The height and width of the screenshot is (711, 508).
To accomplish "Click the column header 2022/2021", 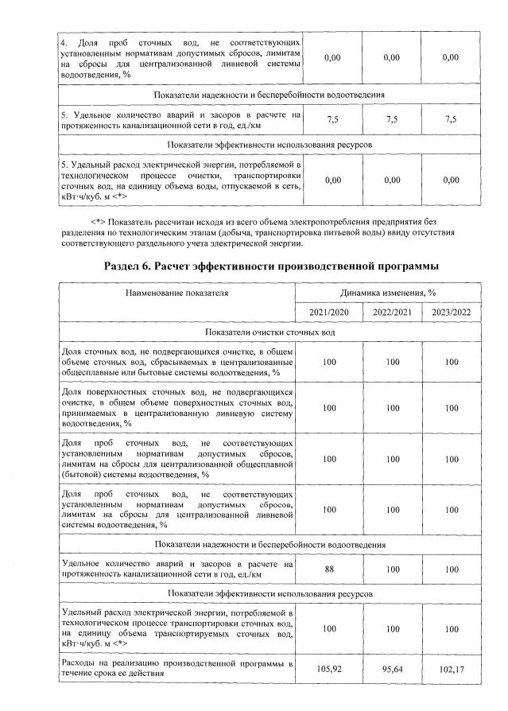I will tap(392, 311).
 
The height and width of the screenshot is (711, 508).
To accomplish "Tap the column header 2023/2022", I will tap(452, 311).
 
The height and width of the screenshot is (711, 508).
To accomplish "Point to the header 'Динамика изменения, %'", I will tap(392, 293).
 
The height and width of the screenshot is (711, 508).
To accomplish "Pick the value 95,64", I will tap(392, 668).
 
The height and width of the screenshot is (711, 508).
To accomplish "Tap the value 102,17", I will tap(452, 668).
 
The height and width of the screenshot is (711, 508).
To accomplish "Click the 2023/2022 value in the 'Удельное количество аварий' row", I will tap(452, 569).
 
